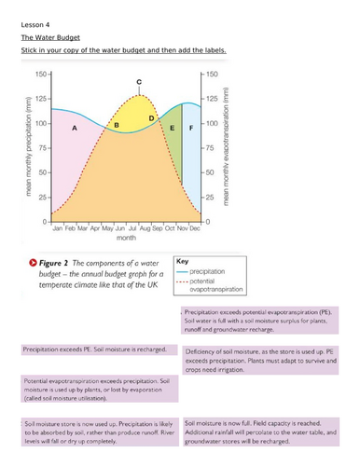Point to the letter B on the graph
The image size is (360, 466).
point(117,124)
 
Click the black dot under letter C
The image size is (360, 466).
point(140,93)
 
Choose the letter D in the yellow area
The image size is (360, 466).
point(152,118)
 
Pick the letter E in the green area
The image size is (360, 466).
point(173,126)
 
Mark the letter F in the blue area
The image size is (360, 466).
point(191,126)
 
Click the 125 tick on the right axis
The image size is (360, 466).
point(213,98)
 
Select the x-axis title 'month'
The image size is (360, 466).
point(125,238)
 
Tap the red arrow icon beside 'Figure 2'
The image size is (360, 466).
point(34,264)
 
